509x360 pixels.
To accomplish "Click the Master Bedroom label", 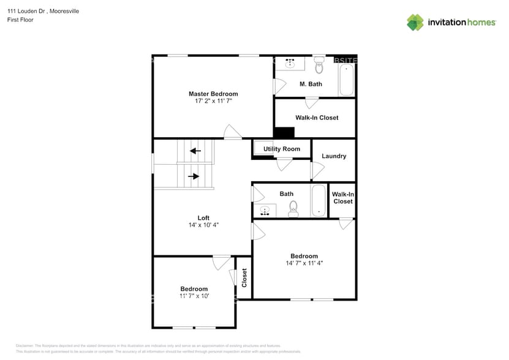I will pos(213,94).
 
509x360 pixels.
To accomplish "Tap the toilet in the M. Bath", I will pos(319,65).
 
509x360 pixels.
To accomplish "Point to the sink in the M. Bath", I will pos(290,64).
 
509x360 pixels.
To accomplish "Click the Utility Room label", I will pos(282,149).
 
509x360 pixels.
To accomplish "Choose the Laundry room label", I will pos(334,156).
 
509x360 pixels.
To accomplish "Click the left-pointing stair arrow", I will pos(195,151).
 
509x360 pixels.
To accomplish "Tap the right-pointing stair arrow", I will pos(194,176).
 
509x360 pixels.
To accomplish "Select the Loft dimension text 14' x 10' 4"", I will pos(203,225).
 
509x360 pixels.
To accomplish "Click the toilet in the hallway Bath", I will pos(293,209).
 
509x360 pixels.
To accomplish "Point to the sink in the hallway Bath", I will pos(265,211).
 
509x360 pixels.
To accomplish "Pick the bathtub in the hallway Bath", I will pos(319,201).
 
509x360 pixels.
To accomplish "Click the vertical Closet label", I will pos(244,278).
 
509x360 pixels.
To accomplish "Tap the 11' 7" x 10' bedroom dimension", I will pos(194,296).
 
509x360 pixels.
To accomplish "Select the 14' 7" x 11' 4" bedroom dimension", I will pos(304,263).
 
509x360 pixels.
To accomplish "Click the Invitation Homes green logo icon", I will pos(415,23).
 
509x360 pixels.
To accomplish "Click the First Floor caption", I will pos(20,20).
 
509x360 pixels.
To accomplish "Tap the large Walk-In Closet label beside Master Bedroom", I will pos(317,118).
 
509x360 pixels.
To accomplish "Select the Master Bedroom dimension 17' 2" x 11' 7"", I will pos(213,101).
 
